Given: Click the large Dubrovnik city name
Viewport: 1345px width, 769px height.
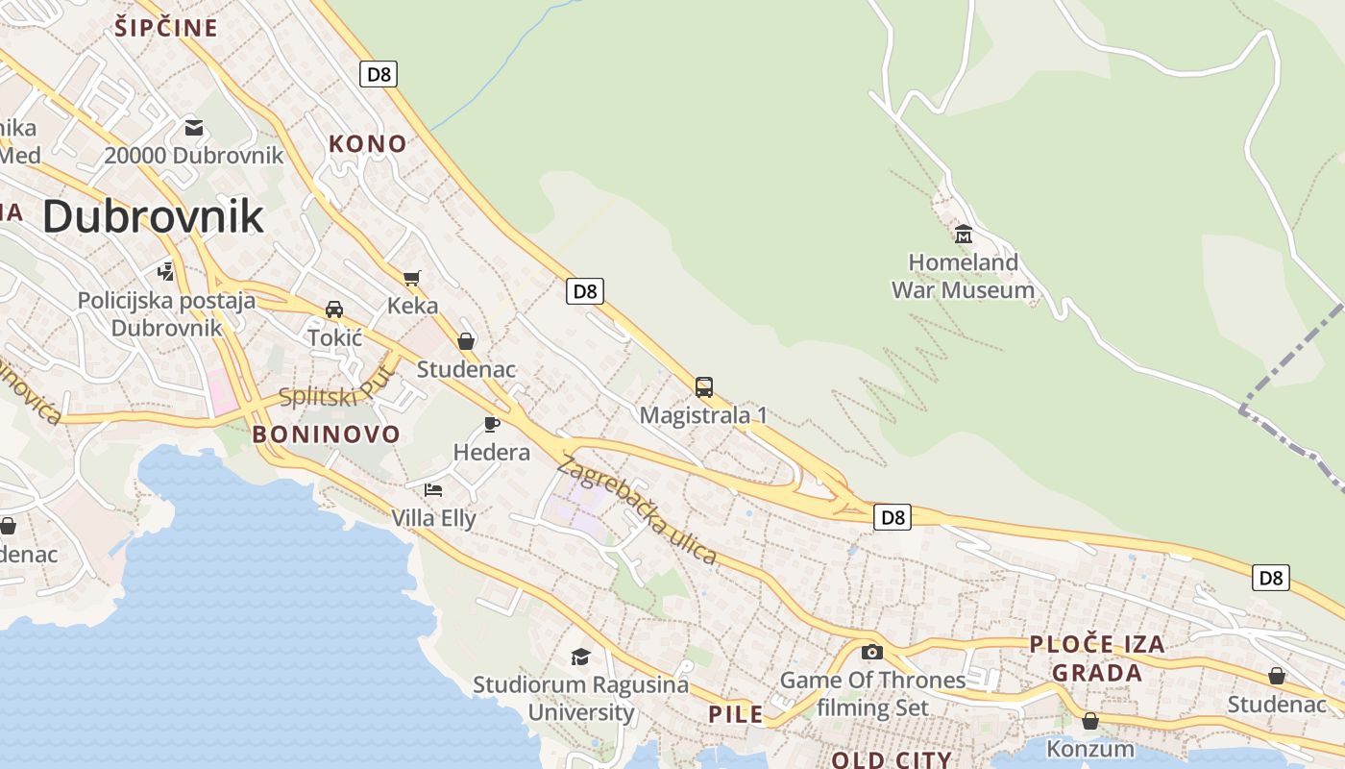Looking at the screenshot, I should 153,216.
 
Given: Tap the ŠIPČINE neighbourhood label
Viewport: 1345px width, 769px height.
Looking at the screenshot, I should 166,28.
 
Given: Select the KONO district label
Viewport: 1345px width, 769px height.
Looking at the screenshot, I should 368,144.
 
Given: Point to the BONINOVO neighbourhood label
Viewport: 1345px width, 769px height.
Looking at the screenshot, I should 326,434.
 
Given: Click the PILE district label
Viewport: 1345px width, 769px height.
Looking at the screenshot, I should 736,714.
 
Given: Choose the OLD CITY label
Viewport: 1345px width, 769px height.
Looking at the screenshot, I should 891,760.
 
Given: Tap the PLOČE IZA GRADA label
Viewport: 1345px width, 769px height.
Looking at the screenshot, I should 1097,658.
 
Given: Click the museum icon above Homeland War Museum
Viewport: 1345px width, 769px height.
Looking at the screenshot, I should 963,234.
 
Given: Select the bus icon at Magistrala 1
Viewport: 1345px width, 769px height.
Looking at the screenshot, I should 704,387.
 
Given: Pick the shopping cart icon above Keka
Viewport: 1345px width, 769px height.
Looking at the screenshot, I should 412,278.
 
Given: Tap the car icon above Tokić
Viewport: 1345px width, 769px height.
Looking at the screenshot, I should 334,310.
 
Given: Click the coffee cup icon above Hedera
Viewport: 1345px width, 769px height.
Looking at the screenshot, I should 492,424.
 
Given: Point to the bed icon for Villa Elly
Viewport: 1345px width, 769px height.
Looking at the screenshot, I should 433,489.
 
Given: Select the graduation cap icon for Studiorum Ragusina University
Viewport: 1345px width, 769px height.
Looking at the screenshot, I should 580,657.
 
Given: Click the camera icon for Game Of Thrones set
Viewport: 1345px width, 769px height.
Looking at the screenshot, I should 872,652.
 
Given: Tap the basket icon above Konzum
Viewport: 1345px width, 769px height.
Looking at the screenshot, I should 1090,720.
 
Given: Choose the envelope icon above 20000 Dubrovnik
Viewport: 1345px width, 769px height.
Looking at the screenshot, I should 194,127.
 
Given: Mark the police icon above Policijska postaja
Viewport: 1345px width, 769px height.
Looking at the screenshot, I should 166,272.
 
